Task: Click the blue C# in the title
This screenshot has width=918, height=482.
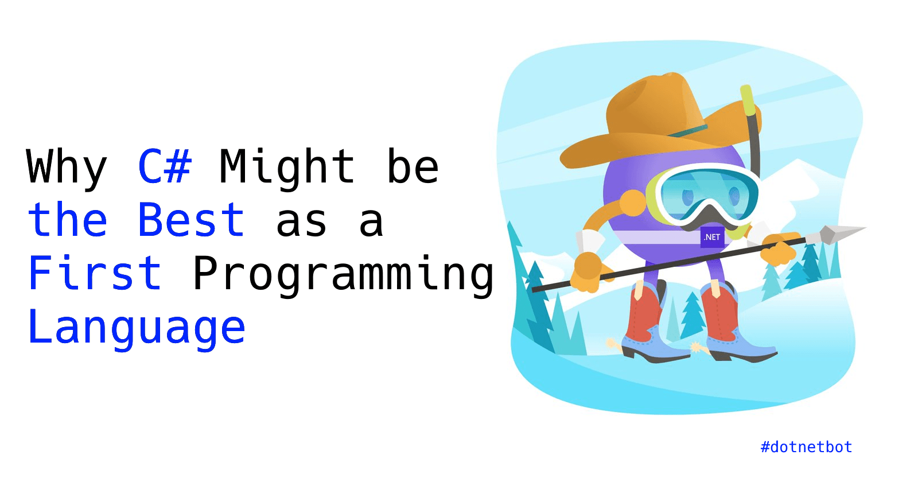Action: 165,166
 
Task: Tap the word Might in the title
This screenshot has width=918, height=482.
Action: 287,166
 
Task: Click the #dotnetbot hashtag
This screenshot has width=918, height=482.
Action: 806,447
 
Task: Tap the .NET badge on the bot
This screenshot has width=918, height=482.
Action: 712,237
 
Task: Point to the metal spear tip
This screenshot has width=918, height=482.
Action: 838,233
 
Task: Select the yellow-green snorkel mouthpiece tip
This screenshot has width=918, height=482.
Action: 746,101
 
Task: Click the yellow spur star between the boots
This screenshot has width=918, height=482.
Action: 697,347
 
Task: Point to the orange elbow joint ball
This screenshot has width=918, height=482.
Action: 633,203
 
